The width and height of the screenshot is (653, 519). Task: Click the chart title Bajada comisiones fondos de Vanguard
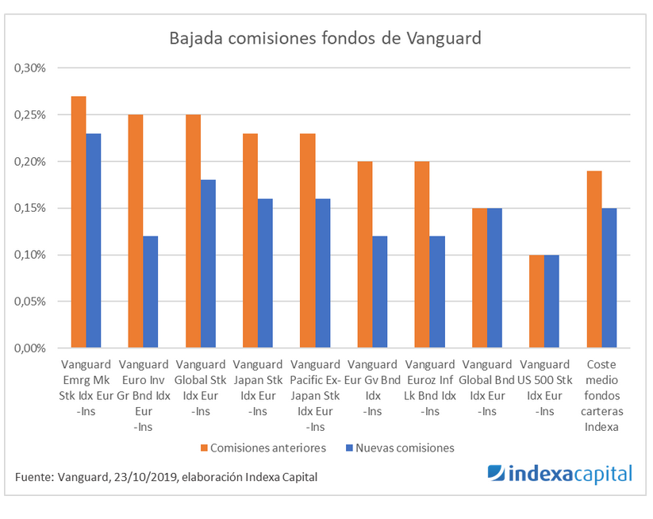click(x=325, y=38)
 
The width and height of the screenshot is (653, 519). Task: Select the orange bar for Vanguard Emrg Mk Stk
click(x=79, y=222)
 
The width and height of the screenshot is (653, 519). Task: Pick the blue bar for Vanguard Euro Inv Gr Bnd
click(x=151, y=292)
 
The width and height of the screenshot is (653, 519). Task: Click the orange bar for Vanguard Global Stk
click(x=193, y=231)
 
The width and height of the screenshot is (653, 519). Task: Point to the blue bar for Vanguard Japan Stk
click(x=265, y=273)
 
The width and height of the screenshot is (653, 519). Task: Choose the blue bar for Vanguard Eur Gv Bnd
click(x=379, y=292)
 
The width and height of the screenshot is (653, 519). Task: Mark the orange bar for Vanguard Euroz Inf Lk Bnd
click(x=421, y=255)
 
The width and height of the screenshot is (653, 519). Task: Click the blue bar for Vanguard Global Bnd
click(x=494, y=278)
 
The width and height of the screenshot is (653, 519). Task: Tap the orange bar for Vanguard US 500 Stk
click(x=536, y=302)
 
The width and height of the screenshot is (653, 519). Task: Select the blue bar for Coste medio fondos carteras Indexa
click(x=609, y=278)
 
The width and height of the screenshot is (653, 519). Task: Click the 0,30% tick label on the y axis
click(x=32, y=68)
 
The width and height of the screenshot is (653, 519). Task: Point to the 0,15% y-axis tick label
click(x=32, y=208)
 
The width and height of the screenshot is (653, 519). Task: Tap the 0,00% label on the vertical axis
click(x=32, y=348)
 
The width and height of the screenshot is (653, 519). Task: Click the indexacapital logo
click(x=559, y=474)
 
